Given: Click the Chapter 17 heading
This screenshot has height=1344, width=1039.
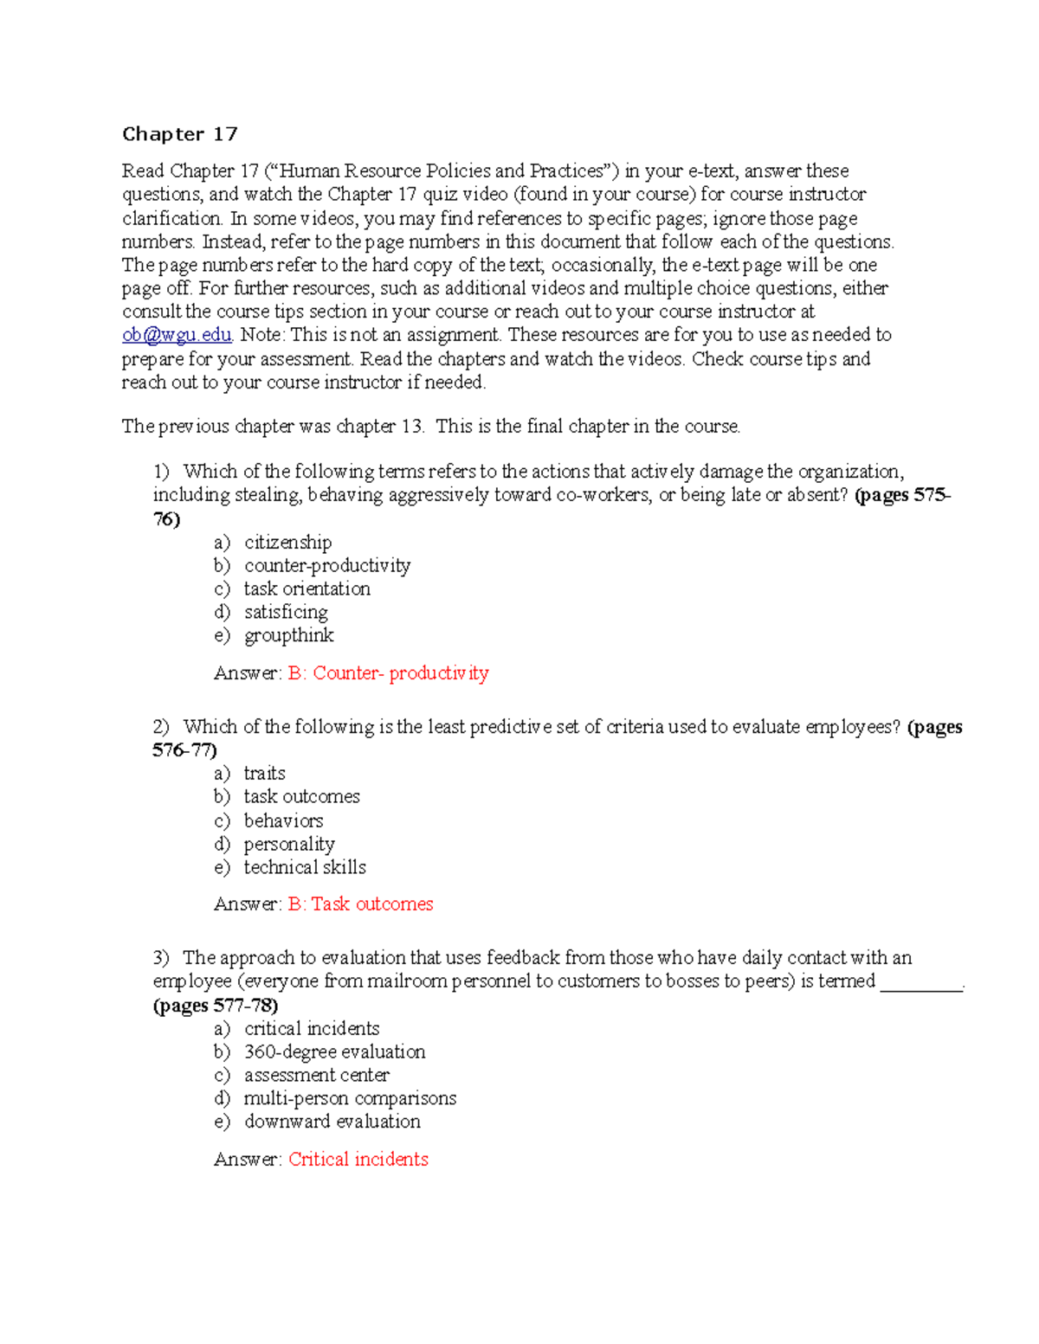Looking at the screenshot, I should click(x=179, y=134).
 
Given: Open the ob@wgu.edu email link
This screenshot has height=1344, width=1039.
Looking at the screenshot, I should click(x=177, y=335).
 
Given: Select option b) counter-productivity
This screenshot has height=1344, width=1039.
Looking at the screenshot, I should click(x=326, y=566).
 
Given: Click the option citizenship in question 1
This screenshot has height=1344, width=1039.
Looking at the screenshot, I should click(x=287, y=543).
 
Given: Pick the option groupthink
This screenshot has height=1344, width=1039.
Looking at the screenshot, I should click(x=288, y=636).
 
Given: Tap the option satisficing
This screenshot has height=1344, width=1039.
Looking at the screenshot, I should click(x=286, y=613).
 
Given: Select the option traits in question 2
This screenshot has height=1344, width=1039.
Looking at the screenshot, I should click(x=264, y=774).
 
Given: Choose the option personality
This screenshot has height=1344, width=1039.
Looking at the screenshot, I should click(x=289, y=844).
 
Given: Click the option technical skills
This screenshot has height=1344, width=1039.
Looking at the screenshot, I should click(x=305, y=867).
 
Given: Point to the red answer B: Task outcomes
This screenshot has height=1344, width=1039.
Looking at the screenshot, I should click(x=360, y=904).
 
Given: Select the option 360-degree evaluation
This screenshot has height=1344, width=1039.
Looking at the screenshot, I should click(x=334, y=1052).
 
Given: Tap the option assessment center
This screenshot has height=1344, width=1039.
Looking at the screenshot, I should click(x=316, y=1076).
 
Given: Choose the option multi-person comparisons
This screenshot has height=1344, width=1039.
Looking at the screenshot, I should click(x=350, y=1099).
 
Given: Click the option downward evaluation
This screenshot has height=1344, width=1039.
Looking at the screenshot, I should click(x=332, y=1122).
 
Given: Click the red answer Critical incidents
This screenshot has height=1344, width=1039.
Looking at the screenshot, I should click(x=358, y=1160).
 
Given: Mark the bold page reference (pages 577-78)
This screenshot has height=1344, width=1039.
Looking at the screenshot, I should click(x=216, y=1006).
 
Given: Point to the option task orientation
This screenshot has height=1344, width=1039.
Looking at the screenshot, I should click(x=307, y=589).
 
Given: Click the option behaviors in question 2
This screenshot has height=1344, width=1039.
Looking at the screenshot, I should click(x=283, y=820).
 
